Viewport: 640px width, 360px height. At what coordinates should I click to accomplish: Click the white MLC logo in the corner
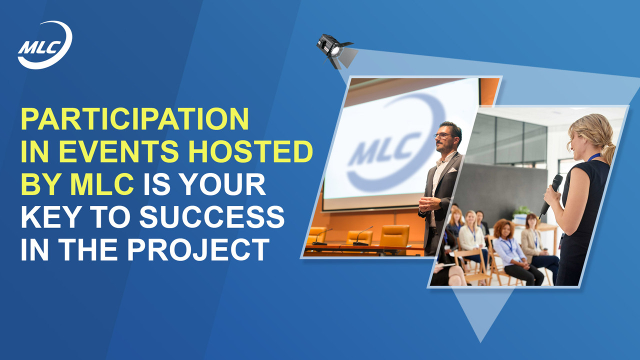44,45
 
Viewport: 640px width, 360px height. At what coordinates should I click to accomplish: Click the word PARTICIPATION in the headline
135,119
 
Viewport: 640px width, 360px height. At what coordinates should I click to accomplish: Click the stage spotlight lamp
336,51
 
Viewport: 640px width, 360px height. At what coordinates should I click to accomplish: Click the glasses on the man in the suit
443,135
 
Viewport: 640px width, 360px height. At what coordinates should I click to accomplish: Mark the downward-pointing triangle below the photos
480,315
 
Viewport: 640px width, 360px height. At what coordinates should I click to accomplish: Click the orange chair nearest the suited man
394,236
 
